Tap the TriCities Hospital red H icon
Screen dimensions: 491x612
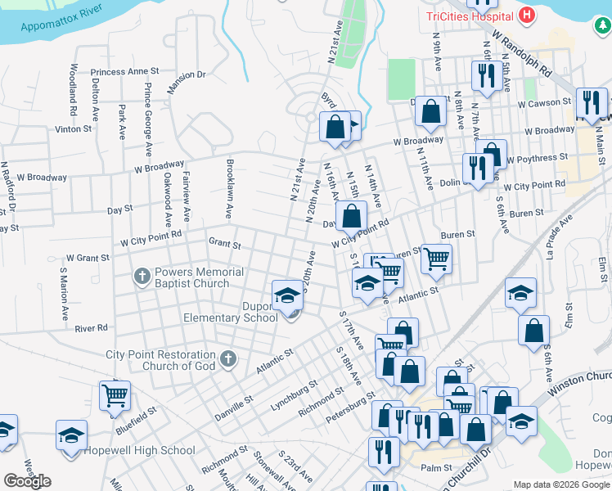pyautogui.click(x=527, y=15)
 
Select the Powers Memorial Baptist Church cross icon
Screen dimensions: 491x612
pyautogui.click(x=142, y=277)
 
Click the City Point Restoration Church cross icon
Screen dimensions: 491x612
pyautogui.click(x=228, y=358)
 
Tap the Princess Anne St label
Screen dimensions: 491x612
pyautogui.click(x=125, y=72)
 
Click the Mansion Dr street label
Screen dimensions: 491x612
pyautogui.click(x=187, y=76)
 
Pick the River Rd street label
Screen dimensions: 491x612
pyautogui.click(x=91, y=328)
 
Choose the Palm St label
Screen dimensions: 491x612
pyautogui.click(x=436, y=468)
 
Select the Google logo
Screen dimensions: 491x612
pyautogui.click(x=27, y=481)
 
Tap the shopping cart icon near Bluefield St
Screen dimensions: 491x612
pyautogui.click(x=115, y=395)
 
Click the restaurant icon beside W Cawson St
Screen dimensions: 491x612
pyautogui.click(x=590, y=101)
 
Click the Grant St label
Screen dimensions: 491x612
pyautogui.click(x=224, y=243)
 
